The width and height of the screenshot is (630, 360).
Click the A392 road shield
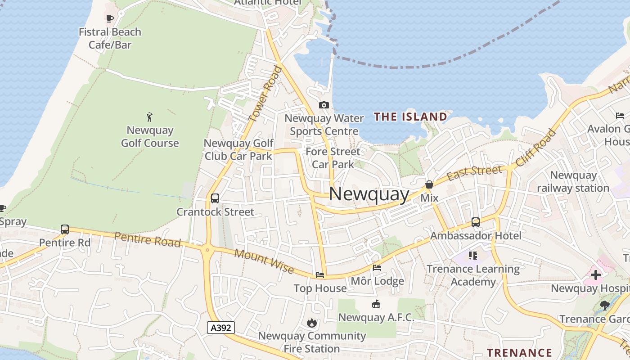(x=221, y=328)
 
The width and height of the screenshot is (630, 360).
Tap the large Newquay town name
(x=369, y=194)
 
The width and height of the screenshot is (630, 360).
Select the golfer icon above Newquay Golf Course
(x=150, y=117)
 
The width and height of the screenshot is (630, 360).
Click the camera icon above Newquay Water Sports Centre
(x=324, y=105)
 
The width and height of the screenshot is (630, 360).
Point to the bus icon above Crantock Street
(x=215, y=198)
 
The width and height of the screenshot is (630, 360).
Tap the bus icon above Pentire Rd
(x=65, y=229)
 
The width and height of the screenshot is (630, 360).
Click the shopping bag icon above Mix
(x=429, y=184)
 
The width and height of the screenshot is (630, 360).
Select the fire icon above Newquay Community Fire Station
(x=311, y=323)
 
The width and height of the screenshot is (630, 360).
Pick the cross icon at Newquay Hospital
(x=596, y=275)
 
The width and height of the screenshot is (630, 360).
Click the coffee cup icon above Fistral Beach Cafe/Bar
(x=109, y=18)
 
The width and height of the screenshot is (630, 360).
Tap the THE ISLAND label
(x=410, y=117)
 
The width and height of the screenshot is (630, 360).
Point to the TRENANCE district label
(x=520, y=352)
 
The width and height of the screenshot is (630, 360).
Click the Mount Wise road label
(x=264, y=262)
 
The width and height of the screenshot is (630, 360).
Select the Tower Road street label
(x=265, y=94)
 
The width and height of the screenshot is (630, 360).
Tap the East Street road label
(x=474, y=172)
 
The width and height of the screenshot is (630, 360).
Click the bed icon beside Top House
(x=320, y=274)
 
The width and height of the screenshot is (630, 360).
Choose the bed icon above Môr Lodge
(x=377, y=268)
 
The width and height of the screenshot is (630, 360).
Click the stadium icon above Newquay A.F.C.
(x=376, y=304)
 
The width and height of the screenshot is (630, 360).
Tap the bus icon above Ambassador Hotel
(x=476, y=222)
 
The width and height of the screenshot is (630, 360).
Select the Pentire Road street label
(x=147, y=239)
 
